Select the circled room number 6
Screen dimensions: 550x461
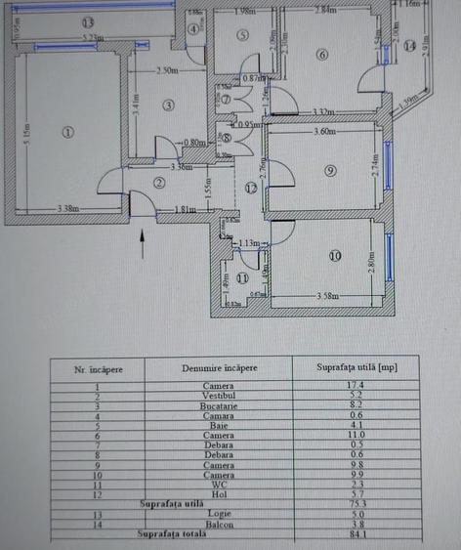(322, 55)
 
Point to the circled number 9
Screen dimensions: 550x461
(331, 170)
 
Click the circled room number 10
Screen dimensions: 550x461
(334, 257)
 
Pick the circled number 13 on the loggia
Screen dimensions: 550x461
(88, 22)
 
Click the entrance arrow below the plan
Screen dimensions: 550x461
(144, 239)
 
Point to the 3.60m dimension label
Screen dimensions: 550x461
(325, 131)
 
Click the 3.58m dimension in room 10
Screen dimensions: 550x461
(332, 295)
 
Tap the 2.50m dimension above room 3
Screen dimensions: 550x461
(167, 71)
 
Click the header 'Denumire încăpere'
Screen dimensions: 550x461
(219, 369)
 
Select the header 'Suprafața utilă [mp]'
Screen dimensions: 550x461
(355, 369)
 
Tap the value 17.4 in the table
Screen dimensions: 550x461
(355, 387)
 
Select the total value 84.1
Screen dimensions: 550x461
(355, 534)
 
